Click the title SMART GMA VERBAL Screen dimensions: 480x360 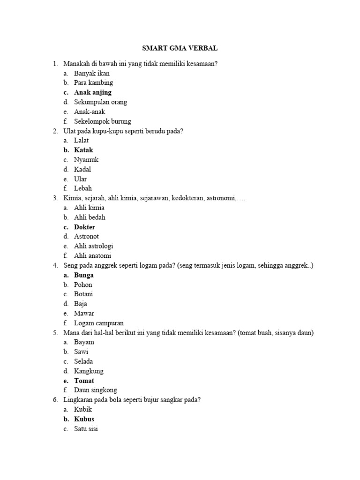pos(180,48)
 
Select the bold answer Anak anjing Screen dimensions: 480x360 pos(93,92)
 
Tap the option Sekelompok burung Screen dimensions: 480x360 pos(103,121)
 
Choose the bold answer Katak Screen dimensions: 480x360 pos(83,150)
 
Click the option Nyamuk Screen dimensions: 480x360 pos(86,160)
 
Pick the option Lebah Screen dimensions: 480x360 pos(83,188)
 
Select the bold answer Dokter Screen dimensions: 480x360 pos(84,227)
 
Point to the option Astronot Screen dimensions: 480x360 pos(86,236)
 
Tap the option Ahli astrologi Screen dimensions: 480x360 pos(94,246)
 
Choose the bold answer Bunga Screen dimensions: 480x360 pos(84,275)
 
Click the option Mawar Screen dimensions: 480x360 pos(84,314)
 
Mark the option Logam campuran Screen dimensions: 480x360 pos(99,323)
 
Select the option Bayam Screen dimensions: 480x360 pos(84,342)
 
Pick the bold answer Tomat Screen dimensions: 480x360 pos(84,381)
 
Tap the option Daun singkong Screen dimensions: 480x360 pos(96,390)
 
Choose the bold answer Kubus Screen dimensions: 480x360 pos(84,419)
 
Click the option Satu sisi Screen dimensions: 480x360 pos(86,428)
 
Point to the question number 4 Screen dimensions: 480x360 pos(55,266)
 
